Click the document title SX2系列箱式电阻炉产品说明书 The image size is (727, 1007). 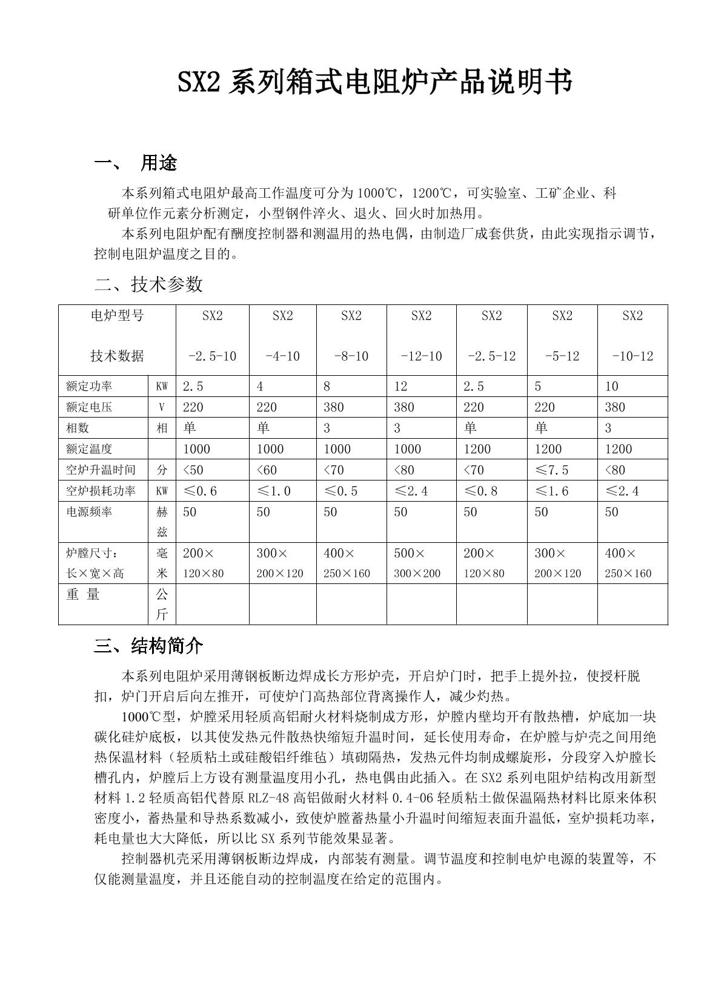tap(374, 83)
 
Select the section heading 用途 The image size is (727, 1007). tap(159, 163)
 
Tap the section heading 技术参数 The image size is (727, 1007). tap(167, 284)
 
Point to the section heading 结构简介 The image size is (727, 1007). tap(167, 646)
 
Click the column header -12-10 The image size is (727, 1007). tap(421, 356)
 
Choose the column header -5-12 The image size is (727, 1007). tap(562, 356)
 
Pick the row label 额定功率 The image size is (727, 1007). tap(89, 386)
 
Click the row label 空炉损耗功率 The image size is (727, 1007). tap(101, 491)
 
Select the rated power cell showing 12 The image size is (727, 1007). tap(401, 386)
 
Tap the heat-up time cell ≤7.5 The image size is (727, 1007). tap(551, 470)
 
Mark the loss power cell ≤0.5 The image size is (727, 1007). tap(341, 491)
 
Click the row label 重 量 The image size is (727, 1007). tap(83, 594)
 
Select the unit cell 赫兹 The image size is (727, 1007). tap(162, 522)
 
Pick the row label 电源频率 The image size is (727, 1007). tap(89, 512)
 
